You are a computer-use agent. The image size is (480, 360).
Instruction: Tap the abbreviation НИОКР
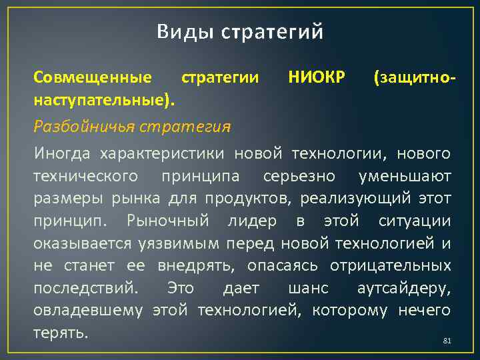coord(317,77)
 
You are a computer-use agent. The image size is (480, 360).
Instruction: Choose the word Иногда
coord(62,155)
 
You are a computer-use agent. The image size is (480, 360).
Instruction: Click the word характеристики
coord(163,155)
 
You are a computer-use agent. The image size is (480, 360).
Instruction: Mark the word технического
coord(86,177)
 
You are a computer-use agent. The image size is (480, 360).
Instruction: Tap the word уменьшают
coord(405,177)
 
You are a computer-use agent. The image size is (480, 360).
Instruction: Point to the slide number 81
coord(447,341)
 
